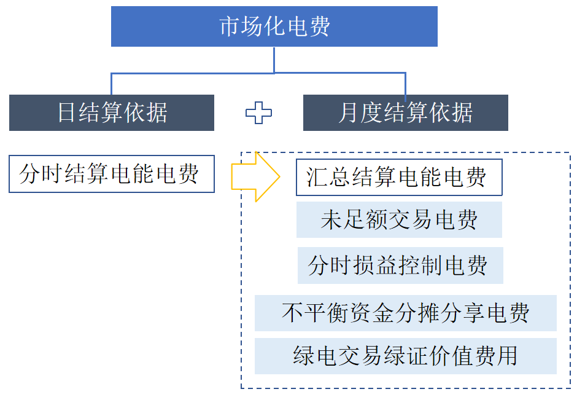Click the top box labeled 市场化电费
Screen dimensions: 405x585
(274, 26)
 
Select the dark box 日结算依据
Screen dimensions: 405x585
(112, 112)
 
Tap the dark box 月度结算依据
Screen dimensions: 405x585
(405, 112)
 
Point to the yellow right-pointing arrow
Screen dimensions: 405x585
(255, 177)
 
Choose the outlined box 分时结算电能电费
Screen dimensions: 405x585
(112, 174)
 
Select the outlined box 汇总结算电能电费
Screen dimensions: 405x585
(399, 178)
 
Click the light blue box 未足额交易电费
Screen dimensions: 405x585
(399, 219)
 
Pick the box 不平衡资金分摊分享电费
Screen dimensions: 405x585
(405, 313)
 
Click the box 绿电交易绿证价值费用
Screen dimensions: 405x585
(405, 356)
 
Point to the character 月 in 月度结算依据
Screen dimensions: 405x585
(349, 113)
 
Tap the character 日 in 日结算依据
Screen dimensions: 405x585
(66, 113)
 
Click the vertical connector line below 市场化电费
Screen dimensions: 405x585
(274, 60)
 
